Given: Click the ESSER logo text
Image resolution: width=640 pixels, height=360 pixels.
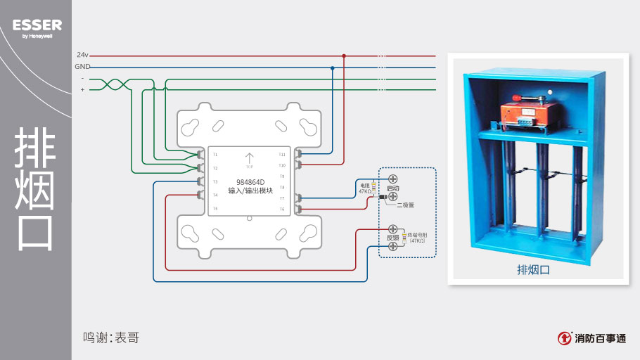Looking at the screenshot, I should (x=37, y=25).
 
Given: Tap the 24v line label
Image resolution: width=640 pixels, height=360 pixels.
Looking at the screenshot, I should (x=82, y=54).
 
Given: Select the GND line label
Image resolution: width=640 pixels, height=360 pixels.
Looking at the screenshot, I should (x=82, y=66).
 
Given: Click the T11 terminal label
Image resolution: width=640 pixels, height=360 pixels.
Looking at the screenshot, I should (x=282, y=154).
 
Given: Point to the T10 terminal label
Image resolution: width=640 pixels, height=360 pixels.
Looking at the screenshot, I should (x=282, y=165).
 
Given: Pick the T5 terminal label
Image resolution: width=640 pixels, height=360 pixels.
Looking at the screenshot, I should (x=215, y=209).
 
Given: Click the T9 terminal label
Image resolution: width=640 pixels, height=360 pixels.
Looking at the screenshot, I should (x=282, y=176).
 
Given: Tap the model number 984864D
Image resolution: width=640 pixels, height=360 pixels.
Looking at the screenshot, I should (x=250, y=182).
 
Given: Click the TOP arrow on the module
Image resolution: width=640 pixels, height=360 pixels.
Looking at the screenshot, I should (x=249, y=160).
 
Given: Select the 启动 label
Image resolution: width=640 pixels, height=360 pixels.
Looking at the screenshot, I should (x=393, y=188).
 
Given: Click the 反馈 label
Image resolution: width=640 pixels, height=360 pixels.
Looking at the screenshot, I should (x=393, y=238).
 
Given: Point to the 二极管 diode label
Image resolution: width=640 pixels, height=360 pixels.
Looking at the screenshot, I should (x=406, y=205).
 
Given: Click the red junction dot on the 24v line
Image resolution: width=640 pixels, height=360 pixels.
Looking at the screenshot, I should (x=344, y=55).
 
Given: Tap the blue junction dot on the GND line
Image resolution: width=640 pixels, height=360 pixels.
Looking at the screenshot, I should (x=332, y=67).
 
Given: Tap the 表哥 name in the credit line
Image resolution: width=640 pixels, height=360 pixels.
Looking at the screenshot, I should (x=127, y=338).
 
